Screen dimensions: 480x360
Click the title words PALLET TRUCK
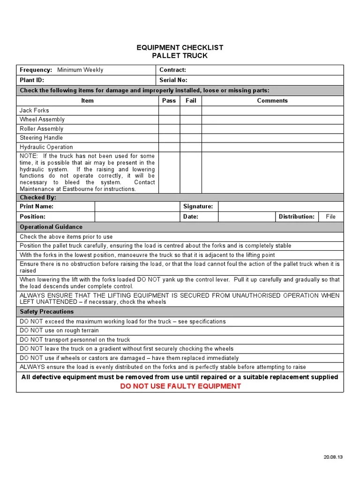pos(180,56)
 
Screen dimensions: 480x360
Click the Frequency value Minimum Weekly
pos(80,70)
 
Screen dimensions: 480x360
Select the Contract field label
pos(172,70)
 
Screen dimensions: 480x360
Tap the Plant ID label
pos(32,80)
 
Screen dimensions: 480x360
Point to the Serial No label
pos(173,80)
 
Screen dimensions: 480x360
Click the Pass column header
pos(169,100)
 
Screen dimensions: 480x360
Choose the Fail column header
pos(191,100)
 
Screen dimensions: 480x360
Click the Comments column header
pos(272,100)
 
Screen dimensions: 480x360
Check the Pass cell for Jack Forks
pos(169,111)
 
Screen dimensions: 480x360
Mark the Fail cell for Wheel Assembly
pos(191,120)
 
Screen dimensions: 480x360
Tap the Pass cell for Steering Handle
pos(169,138)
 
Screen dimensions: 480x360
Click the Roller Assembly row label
pos(41,129)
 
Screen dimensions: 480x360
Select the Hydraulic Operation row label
pos(46,147)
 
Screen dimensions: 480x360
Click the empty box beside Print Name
pos(137,206)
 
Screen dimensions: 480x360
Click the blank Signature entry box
pos(280,206)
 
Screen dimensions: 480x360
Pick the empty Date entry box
pos(247,217)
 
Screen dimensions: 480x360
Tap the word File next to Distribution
pos(331,217)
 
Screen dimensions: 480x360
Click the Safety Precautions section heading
pos(46,311)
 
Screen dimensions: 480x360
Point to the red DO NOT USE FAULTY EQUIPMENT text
pos(180,386)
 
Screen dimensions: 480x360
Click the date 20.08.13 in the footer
pos(333,457)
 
